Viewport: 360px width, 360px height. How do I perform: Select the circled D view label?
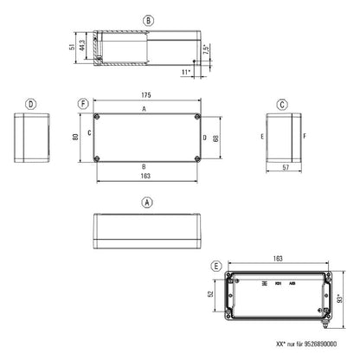(x=31, y=104)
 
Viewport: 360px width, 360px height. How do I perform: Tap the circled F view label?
(x=83, y=104)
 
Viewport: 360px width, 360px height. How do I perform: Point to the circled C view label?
(x=282, y=104)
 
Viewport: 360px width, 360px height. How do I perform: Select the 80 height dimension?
(x=76, y=137)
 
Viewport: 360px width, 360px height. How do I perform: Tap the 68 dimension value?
(x=216, y=137)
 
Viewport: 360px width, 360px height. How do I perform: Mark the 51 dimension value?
(x=71, y=48)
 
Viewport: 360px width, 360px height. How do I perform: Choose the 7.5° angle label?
(x=206, y=48)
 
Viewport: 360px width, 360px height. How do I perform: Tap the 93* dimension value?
(x=340, y=299)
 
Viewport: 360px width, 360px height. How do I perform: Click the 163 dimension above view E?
(x=277, y=258)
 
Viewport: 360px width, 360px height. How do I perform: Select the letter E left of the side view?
(x=261, y=137)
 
